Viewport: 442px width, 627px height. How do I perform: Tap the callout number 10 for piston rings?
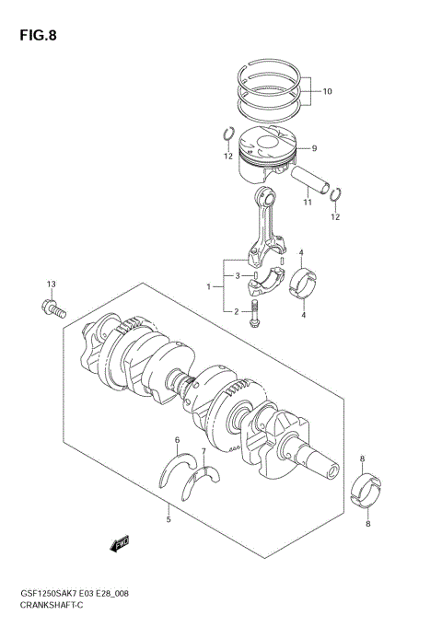pyautogui.click(x=327, y=91)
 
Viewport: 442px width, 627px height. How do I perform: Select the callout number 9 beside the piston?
pyautogui.click(x=313, y=148)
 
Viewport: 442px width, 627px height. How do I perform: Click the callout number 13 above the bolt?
pyautogui.click(x=52, y=283)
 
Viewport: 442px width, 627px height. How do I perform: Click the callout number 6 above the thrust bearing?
pyautogui.click(x=177, y=440)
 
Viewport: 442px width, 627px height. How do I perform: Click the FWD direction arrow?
pyautogui.click(x=121, y=545)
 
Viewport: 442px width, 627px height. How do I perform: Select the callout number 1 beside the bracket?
pyautogui.click(x=210, y=287)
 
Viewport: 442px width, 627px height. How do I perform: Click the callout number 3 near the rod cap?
pyautogui.click(x=237, y=275)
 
